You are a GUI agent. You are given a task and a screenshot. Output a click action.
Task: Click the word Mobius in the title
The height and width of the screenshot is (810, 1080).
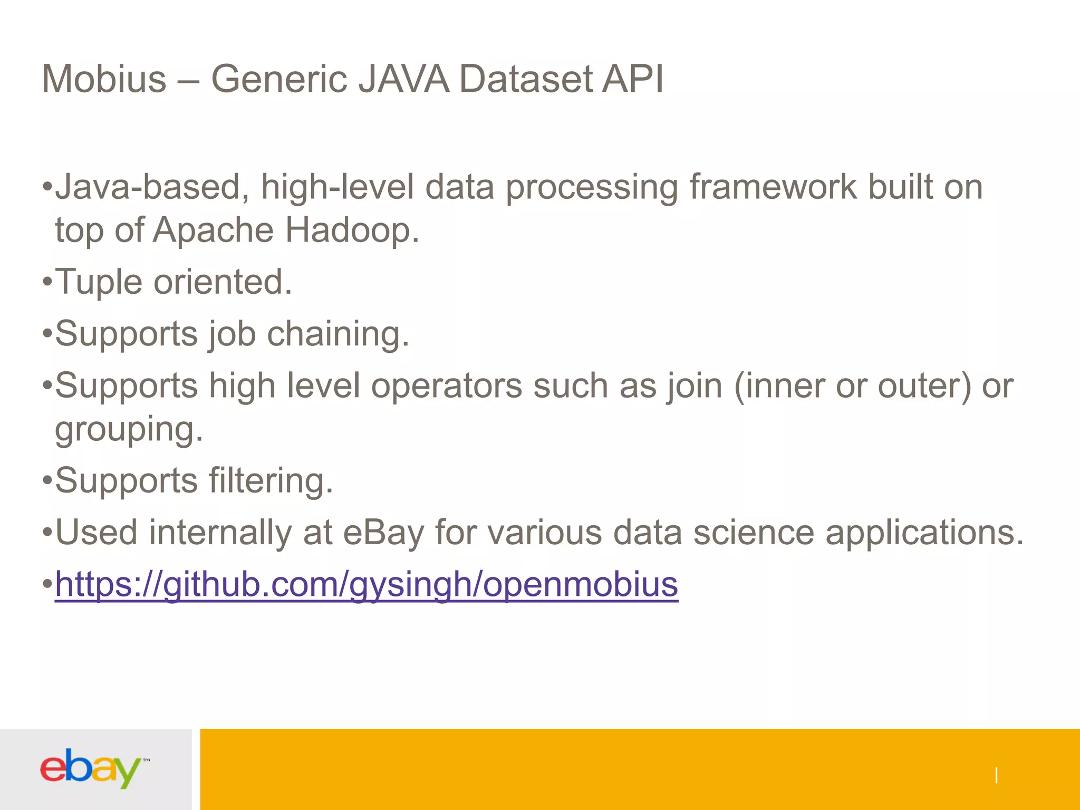[104, 79]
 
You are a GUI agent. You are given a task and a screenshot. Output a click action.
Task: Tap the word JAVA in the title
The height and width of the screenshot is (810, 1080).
[404, 79]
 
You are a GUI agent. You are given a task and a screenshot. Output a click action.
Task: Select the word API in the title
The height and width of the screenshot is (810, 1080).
[632, 79]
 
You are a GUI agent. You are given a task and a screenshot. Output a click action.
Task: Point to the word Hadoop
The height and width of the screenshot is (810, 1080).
[352, 230]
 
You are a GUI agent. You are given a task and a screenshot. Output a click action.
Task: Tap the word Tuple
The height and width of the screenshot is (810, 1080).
[99, 282]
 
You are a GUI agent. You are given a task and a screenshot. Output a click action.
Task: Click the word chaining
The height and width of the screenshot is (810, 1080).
[337, 334]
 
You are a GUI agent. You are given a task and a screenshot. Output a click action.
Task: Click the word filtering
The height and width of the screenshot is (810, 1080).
[271, 480]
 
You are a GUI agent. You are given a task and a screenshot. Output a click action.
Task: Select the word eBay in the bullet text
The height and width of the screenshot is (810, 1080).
[383, 532]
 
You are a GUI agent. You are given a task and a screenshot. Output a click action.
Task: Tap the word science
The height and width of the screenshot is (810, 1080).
[754, 532]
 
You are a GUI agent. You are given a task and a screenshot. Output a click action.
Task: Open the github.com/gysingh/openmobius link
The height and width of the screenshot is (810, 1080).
[367, 584]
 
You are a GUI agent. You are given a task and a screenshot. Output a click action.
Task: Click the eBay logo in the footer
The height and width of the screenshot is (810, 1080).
[91, 768]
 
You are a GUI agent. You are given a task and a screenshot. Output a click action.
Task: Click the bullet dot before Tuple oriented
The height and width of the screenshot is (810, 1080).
[47, 282]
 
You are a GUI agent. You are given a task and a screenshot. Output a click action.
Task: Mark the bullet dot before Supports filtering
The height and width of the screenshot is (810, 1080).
[47, 481]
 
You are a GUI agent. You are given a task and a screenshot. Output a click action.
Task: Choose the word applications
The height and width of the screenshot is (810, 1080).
[924, 532]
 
